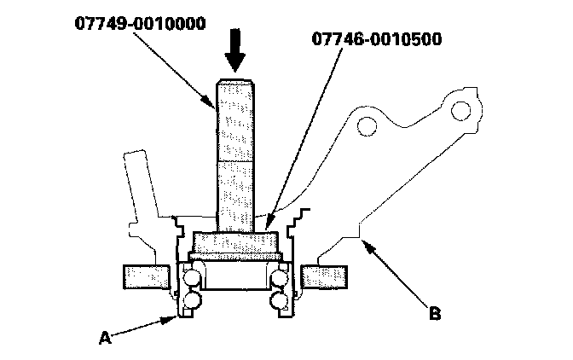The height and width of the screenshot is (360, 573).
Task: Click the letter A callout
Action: (x=106, y=338)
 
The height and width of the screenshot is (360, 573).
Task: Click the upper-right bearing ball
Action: (x=280, y=276)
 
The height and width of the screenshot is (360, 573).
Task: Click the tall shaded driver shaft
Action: (x=235, y=154)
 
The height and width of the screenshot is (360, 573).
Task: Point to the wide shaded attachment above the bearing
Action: (x=236, y=243)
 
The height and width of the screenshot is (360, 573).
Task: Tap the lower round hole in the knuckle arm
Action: (x=368, y=128)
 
